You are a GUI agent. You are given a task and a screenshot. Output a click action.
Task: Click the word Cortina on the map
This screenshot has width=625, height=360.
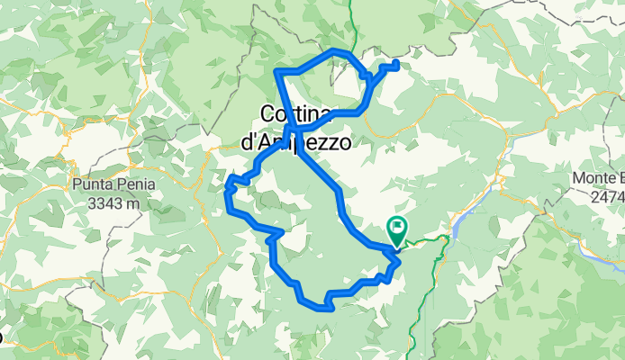point(298,114)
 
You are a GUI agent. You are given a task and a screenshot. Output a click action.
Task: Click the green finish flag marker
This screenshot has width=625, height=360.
point(396,227)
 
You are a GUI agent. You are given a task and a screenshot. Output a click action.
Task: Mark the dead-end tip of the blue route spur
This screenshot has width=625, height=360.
point(396,63)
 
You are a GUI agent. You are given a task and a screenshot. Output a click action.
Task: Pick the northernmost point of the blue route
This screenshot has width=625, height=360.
point(335,49)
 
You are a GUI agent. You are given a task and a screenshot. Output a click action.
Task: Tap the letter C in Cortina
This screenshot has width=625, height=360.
point(267,114)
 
